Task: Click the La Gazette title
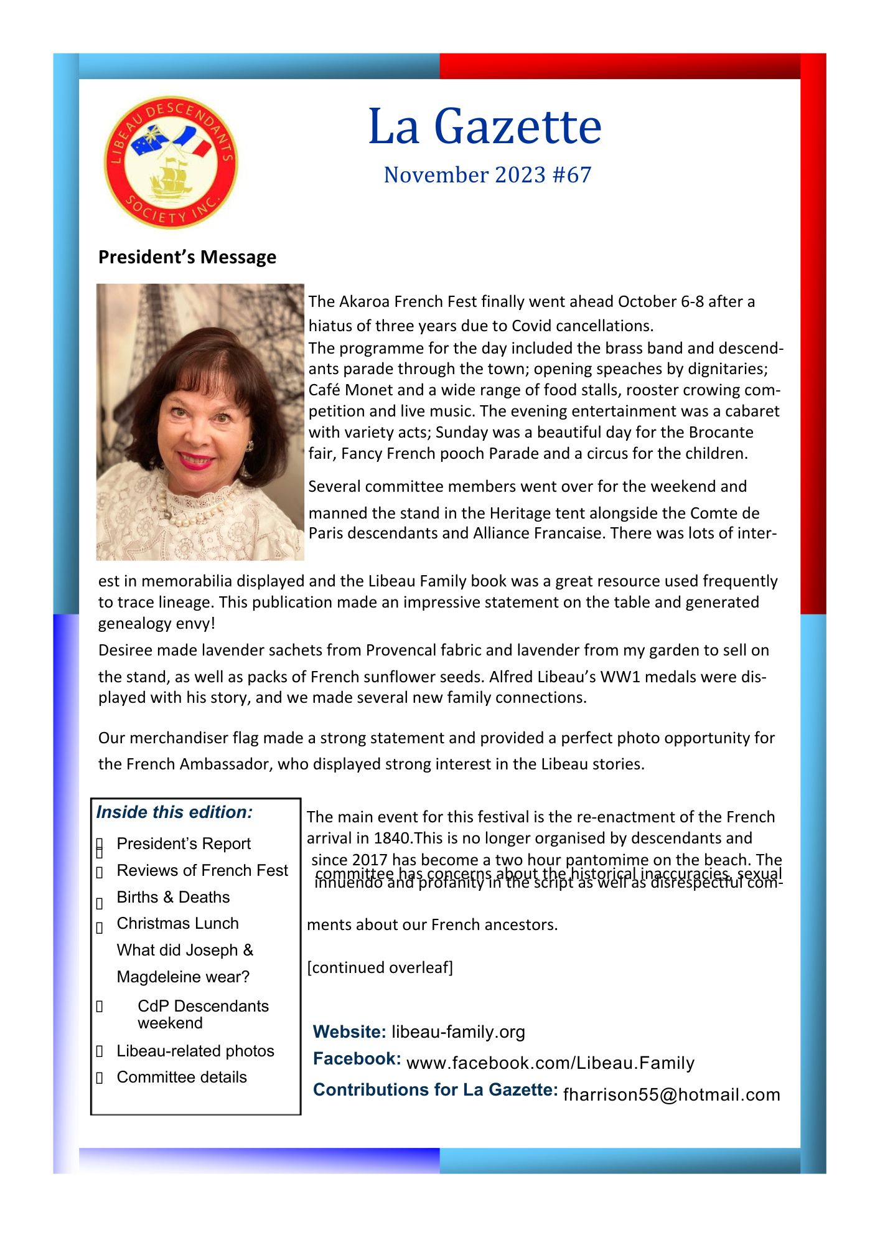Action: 485,126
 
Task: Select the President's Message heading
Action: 187,257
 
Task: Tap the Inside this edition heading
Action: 174,812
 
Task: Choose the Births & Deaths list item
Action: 173,897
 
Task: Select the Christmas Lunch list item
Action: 177,923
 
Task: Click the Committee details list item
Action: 181,1077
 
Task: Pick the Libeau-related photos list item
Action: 195,1051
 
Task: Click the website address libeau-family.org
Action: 458,1032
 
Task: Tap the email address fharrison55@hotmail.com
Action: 671,1094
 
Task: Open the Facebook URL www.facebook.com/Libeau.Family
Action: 550,1063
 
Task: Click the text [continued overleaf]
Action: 380,967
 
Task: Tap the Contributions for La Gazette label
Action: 435,1089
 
